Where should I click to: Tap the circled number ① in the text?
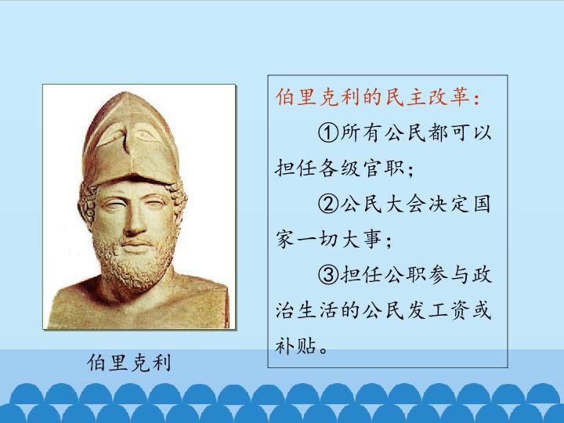coord(327,133)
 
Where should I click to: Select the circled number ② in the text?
coord(327,204)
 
